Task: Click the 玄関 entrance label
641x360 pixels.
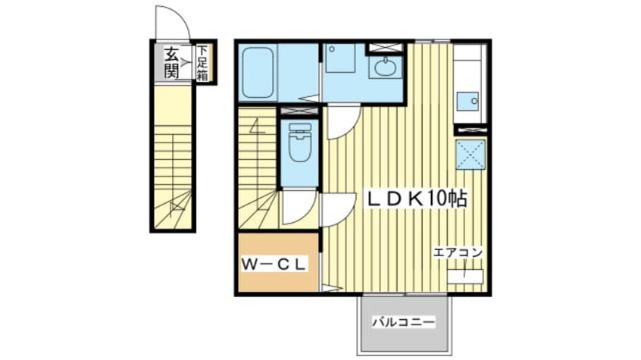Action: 172,63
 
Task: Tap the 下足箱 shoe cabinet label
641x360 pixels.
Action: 203,62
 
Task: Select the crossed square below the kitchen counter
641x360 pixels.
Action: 470,157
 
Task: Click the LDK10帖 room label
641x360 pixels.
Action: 416,199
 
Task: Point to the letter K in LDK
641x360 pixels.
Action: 417,199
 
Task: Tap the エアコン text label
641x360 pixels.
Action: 458,252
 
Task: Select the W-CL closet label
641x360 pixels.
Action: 274,264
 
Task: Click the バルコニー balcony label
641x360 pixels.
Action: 404,322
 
